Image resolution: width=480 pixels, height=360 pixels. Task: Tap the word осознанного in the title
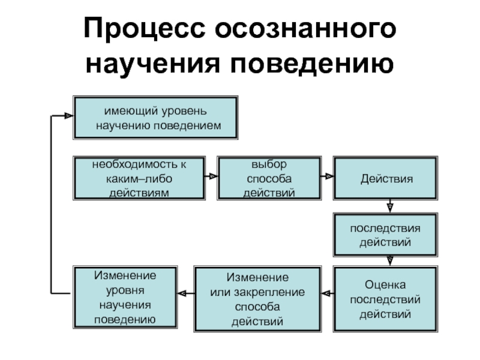[305, 28]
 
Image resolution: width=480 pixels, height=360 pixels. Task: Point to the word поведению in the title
[312, 64]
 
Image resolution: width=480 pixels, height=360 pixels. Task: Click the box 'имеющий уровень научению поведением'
[155, 118]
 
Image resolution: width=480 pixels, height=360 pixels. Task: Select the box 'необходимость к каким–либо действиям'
[139, 178]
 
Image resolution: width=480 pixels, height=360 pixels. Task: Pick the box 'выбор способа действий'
[269, 178]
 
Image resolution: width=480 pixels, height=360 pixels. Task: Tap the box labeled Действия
[385, 178]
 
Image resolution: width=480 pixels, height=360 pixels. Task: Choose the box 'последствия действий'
[385, 235]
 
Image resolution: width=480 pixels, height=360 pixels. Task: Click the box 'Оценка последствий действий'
[385, 299]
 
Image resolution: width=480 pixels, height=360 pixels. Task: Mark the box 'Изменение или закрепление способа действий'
[257, 299]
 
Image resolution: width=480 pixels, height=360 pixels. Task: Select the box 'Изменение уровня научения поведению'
[125, 297]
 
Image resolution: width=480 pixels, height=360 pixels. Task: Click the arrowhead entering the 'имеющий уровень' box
[69, 116]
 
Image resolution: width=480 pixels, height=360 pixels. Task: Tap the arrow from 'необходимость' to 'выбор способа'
[211, 176]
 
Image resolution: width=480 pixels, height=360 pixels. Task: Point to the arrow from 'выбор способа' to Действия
[327, 176]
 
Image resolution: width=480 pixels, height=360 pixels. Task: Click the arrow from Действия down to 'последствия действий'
[389, 206]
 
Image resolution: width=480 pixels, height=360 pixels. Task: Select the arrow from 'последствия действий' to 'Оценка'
[389, 261]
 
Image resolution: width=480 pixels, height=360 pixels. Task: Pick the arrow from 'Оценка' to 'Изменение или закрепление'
[328, 293]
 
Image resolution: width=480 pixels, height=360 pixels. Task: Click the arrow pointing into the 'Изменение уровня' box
[186, 293]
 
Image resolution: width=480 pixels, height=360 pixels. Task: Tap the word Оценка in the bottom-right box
[385, 284]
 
